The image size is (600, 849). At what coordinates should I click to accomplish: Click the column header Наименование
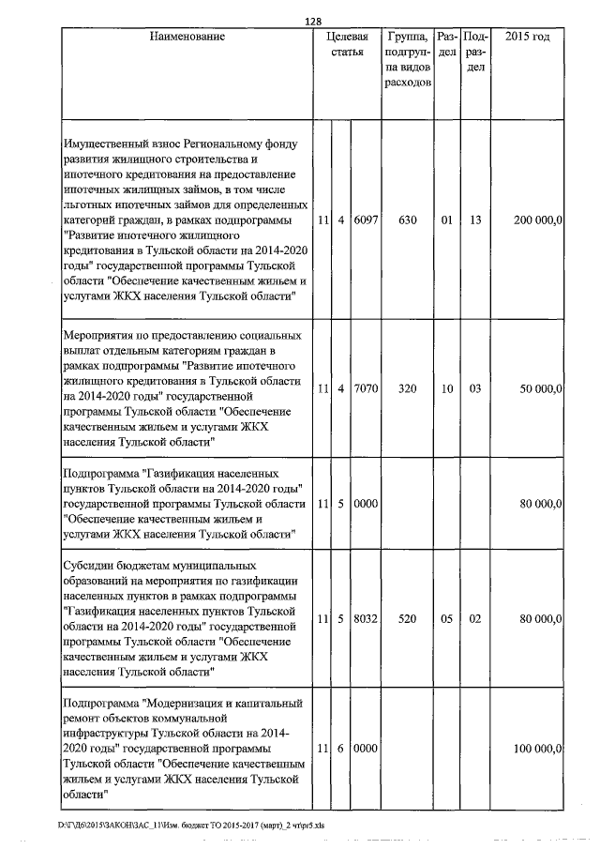[x=186, y=37]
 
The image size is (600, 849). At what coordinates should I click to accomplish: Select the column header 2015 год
[x=527, y=37]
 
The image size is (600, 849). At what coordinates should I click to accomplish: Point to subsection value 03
[x=475, y=388]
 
